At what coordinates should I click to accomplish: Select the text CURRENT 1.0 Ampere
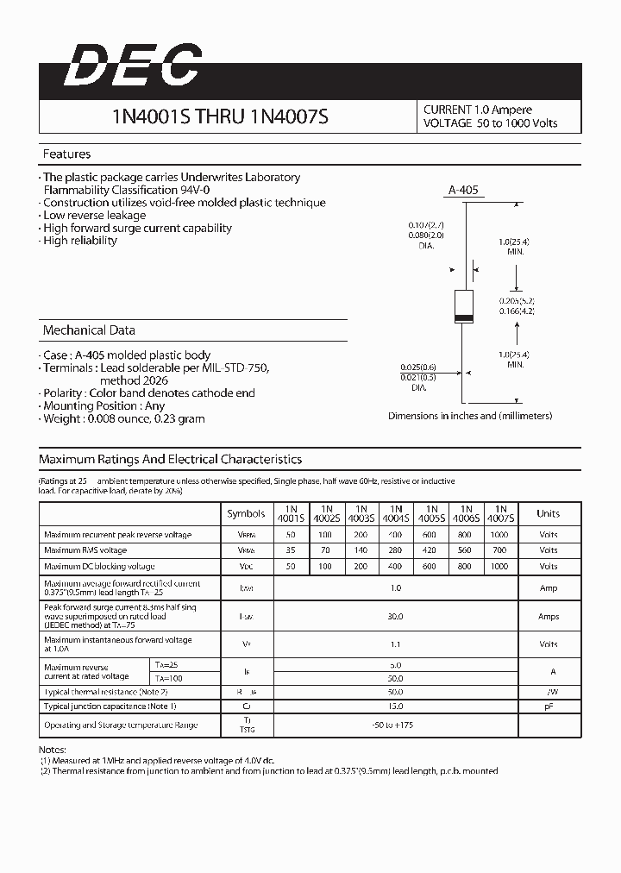477,110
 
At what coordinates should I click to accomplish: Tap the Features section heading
66,154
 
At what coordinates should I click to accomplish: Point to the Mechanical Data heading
89,330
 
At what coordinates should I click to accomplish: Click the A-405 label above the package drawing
464,191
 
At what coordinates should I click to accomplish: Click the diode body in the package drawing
464,306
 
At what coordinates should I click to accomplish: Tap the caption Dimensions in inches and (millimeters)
470,416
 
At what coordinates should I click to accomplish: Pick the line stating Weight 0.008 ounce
123,418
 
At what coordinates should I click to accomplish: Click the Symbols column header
246,513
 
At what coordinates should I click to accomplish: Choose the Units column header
548,513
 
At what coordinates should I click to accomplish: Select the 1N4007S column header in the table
500,514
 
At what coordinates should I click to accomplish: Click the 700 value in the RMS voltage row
500,550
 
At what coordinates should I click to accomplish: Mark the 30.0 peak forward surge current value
396,617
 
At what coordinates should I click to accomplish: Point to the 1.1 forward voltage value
396,644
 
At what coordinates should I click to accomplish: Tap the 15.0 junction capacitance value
396,707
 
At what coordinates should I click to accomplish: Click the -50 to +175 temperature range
396,725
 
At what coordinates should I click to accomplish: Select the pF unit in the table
548,707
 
